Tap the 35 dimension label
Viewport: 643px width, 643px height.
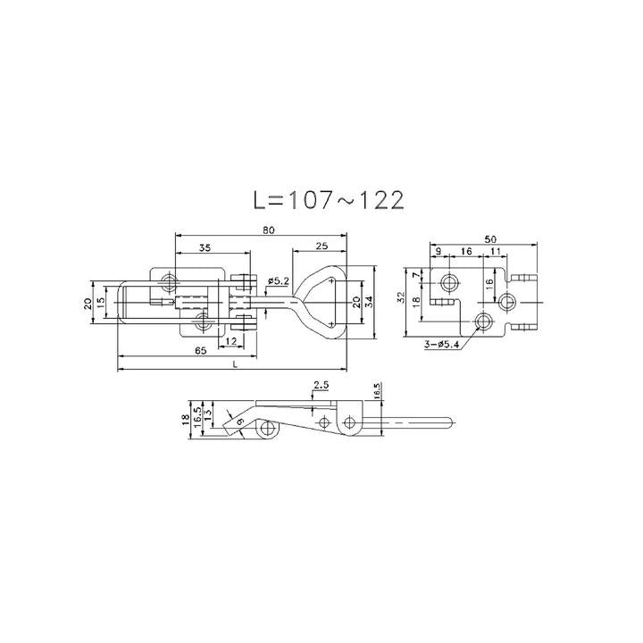(205, 247)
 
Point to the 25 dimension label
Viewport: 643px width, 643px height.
(321, 247)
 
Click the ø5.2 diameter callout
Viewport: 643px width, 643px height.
(279, 281)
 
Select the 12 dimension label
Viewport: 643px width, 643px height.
(231, 342)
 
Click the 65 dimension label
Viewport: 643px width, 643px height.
(200, 352)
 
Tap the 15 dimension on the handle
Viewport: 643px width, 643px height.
(104, 303)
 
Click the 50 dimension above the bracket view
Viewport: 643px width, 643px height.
(490, 239)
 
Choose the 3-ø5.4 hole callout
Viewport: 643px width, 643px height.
(442, 344)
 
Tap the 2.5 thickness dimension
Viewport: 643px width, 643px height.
(320, 385)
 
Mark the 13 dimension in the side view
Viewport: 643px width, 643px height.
(209, 415)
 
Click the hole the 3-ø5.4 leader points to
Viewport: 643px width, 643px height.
(484, 320)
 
